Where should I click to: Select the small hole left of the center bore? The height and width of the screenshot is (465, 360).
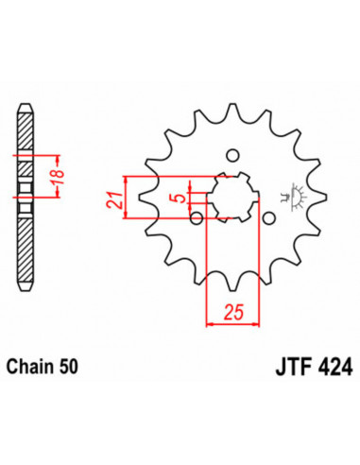tap(195, 220)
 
